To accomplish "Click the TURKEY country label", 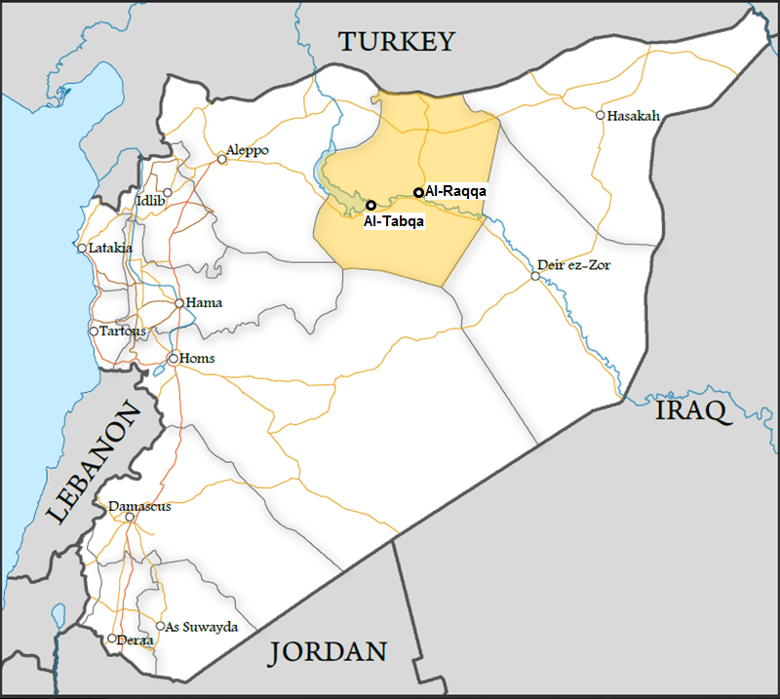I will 396,41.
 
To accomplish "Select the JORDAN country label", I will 329,652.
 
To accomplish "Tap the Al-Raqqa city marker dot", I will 418,192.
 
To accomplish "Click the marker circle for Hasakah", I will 601,115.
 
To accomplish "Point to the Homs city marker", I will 173,359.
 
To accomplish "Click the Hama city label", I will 204,302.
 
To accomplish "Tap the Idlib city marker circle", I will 168,193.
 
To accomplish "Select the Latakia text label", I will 110,248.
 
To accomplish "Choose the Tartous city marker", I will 94,331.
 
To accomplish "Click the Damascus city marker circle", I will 130,517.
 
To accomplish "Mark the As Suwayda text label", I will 202,627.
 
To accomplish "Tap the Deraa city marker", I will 112,640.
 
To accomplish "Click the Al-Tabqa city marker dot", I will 370,205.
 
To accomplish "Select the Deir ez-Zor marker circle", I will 534,277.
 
